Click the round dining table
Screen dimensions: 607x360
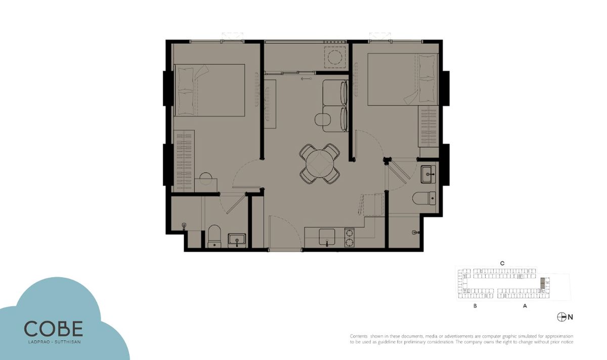[320, 164]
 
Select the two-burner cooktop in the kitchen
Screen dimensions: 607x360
[350, 238]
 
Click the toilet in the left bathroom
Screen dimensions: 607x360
[214, 236]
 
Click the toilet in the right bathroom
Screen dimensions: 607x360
[424, 198]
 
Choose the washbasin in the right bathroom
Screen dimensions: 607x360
[428, 174]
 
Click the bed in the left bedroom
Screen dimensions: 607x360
[209, 90]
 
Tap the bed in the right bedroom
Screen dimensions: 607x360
[403, 79]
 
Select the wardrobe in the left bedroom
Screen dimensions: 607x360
[184, 161]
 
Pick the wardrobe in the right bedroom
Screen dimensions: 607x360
[428, 126]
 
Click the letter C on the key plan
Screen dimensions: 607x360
[502, 263]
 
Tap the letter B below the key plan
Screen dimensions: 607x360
[475, 306]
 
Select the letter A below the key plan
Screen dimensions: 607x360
[525, 306]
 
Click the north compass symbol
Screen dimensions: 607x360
[561, 317]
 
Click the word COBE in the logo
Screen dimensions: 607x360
[54, 328]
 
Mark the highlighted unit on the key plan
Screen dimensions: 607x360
[542, 283]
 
